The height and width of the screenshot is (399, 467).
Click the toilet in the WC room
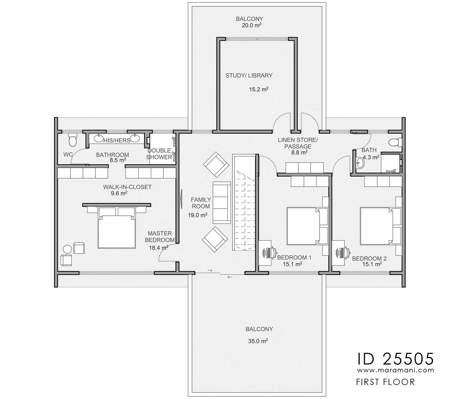pos(72,140)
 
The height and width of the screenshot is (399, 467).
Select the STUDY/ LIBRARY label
pos(249,75)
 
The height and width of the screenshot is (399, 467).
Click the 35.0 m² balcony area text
pos(258,341)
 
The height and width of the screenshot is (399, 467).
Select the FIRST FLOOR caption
pos(385,382)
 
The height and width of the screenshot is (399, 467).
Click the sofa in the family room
pos(222,202)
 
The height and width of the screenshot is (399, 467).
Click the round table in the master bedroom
pos(67,249)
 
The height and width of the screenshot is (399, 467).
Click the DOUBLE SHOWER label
pos(159,154)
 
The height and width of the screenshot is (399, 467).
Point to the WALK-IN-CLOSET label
pos(127,187)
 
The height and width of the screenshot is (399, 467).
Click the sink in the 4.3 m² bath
pos(360,163)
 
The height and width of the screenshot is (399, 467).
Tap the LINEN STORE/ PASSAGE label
pos(298,143)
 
